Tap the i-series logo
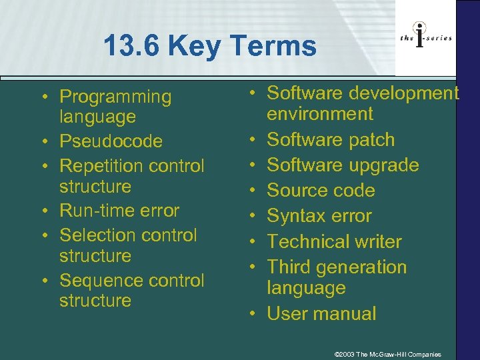click(x=426, y=38)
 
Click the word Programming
click(x=115, y=97)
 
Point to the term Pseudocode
click(x=111, y=141)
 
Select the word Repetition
click(x=106, y=166)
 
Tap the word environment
click(x=320, y=114)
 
